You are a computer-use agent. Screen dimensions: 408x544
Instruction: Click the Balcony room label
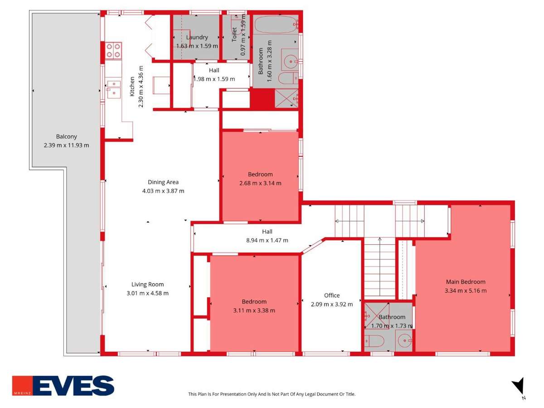66,136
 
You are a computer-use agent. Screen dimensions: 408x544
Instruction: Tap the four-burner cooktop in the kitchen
114,50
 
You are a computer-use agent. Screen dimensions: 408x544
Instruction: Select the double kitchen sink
114,88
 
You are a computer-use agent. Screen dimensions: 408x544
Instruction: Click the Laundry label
197,37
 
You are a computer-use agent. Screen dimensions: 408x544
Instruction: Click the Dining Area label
163,182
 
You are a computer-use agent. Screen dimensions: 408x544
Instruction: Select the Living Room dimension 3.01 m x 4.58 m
148,293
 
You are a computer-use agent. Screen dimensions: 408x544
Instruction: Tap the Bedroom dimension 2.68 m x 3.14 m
260,183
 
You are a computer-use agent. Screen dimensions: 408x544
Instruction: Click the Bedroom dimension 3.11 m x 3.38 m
254,311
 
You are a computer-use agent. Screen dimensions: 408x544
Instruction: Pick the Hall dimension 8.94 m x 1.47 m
267,240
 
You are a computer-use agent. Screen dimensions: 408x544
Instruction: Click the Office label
332,295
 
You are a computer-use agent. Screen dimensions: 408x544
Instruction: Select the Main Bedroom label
466,282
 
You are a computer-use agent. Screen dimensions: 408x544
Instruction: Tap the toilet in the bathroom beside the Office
375,341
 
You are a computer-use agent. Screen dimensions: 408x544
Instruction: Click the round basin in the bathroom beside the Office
403,339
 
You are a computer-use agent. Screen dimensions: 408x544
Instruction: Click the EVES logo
63,386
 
